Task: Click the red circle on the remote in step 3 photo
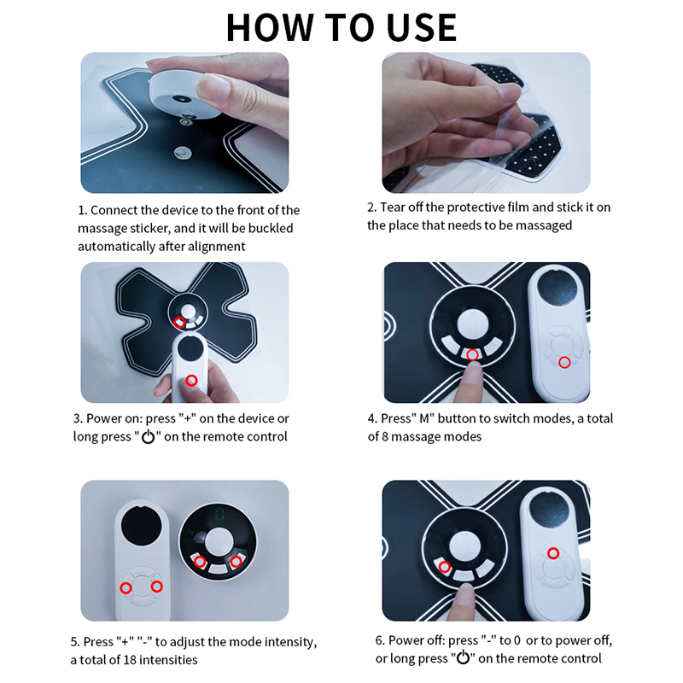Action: point(192,380)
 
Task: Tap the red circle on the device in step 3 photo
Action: point(179,322)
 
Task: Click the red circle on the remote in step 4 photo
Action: point(563,363)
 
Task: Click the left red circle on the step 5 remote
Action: point(126,587)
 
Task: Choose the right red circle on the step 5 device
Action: point(236,561)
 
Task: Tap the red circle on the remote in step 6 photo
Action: point(552,553)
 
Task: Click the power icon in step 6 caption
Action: point(464,658)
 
